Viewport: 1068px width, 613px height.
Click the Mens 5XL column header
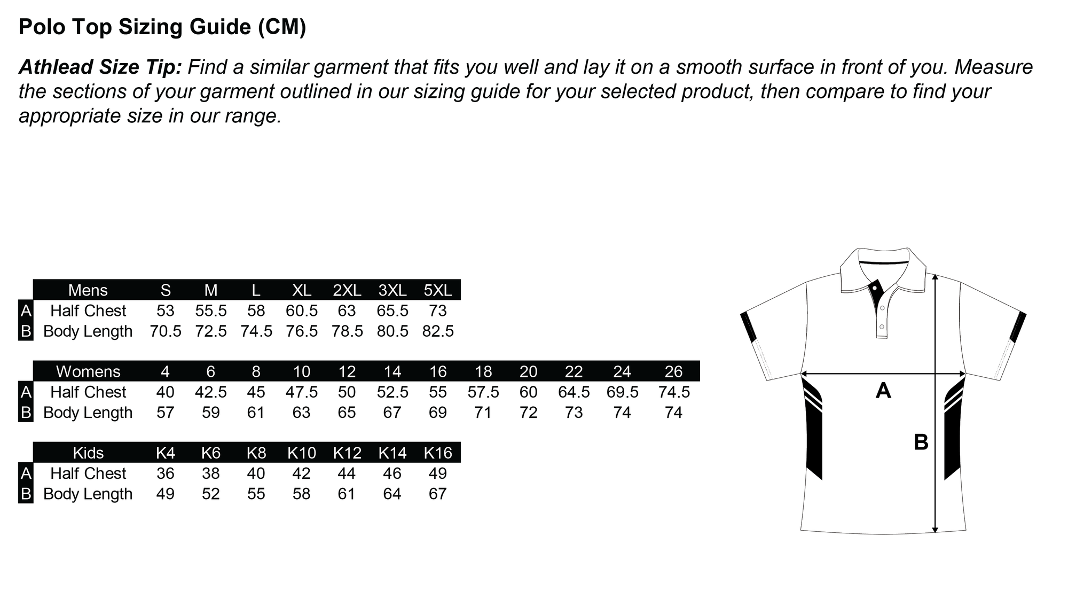[x=438, y=290]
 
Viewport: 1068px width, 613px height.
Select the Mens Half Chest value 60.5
[x=302, y=311]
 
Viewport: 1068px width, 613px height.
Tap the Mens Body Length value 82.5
[x=438, y=331]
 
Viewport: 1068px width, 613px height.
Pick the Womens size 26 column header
[x=674, y=371]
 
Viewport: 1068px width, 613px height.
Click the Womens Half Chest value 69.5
[x=623, y=392]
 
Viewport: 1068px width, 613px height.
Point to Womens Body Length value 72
[x=529, y=413]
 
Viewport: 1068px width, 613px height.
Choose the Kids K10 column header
[x=302, y=453]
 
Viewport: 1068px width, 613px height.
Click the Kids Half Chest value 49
[x=438, y=474]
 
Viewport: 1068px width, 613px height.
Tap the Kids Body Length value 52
[x=211, y=494]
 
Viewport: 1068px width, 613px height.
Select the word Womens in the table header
[x=88, y=371]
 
